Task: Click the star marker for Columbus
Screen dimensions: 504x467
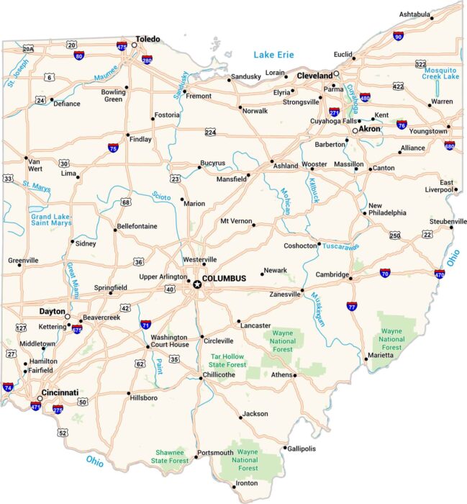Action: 196,284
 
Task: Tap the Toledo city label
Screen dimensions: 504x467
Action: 148,40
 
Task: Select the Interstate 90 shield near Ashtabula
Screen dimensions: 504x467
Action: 398,36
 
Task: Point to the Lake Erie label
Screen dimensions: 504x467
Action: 274,55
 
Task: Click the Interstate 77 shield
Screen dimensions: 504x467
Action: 352,306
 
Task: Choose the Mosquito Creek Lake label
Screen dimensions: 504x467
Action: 440,72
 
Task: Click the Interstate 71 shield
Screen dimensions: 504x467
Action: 146,325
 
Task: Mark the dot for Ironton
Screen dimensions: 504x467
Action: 235,487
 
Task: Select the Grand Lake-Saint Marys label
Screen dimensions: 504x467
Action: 51,220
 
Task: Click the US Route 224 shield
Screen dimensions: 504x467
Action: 210,132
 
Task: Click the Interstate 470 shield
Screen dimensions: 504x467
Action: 439,274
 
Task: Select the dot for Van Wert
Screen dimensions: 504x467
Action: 26,158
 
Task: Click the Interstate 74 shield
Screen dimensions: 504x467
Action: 7,387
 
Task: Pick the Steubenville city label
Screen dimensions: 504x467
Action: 448,220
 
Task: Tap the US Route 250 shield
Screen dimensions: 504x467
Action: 395,235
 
